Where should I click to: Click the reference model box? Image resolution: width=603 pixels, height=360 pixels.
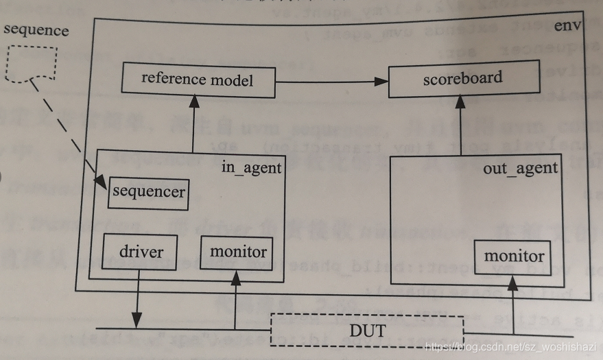pos(198,79)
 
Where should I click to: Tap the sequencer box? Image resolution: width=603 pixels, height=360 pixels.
pos(148,192)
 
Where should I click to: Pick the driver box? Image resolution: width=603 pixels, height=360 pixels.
pos(140,252)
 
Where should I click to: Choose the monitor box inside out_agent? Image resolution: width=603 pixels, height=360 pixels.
pos(514,256)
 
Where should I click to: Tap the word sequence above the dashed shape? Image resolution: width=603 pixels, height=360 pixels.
pos(36,30)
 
